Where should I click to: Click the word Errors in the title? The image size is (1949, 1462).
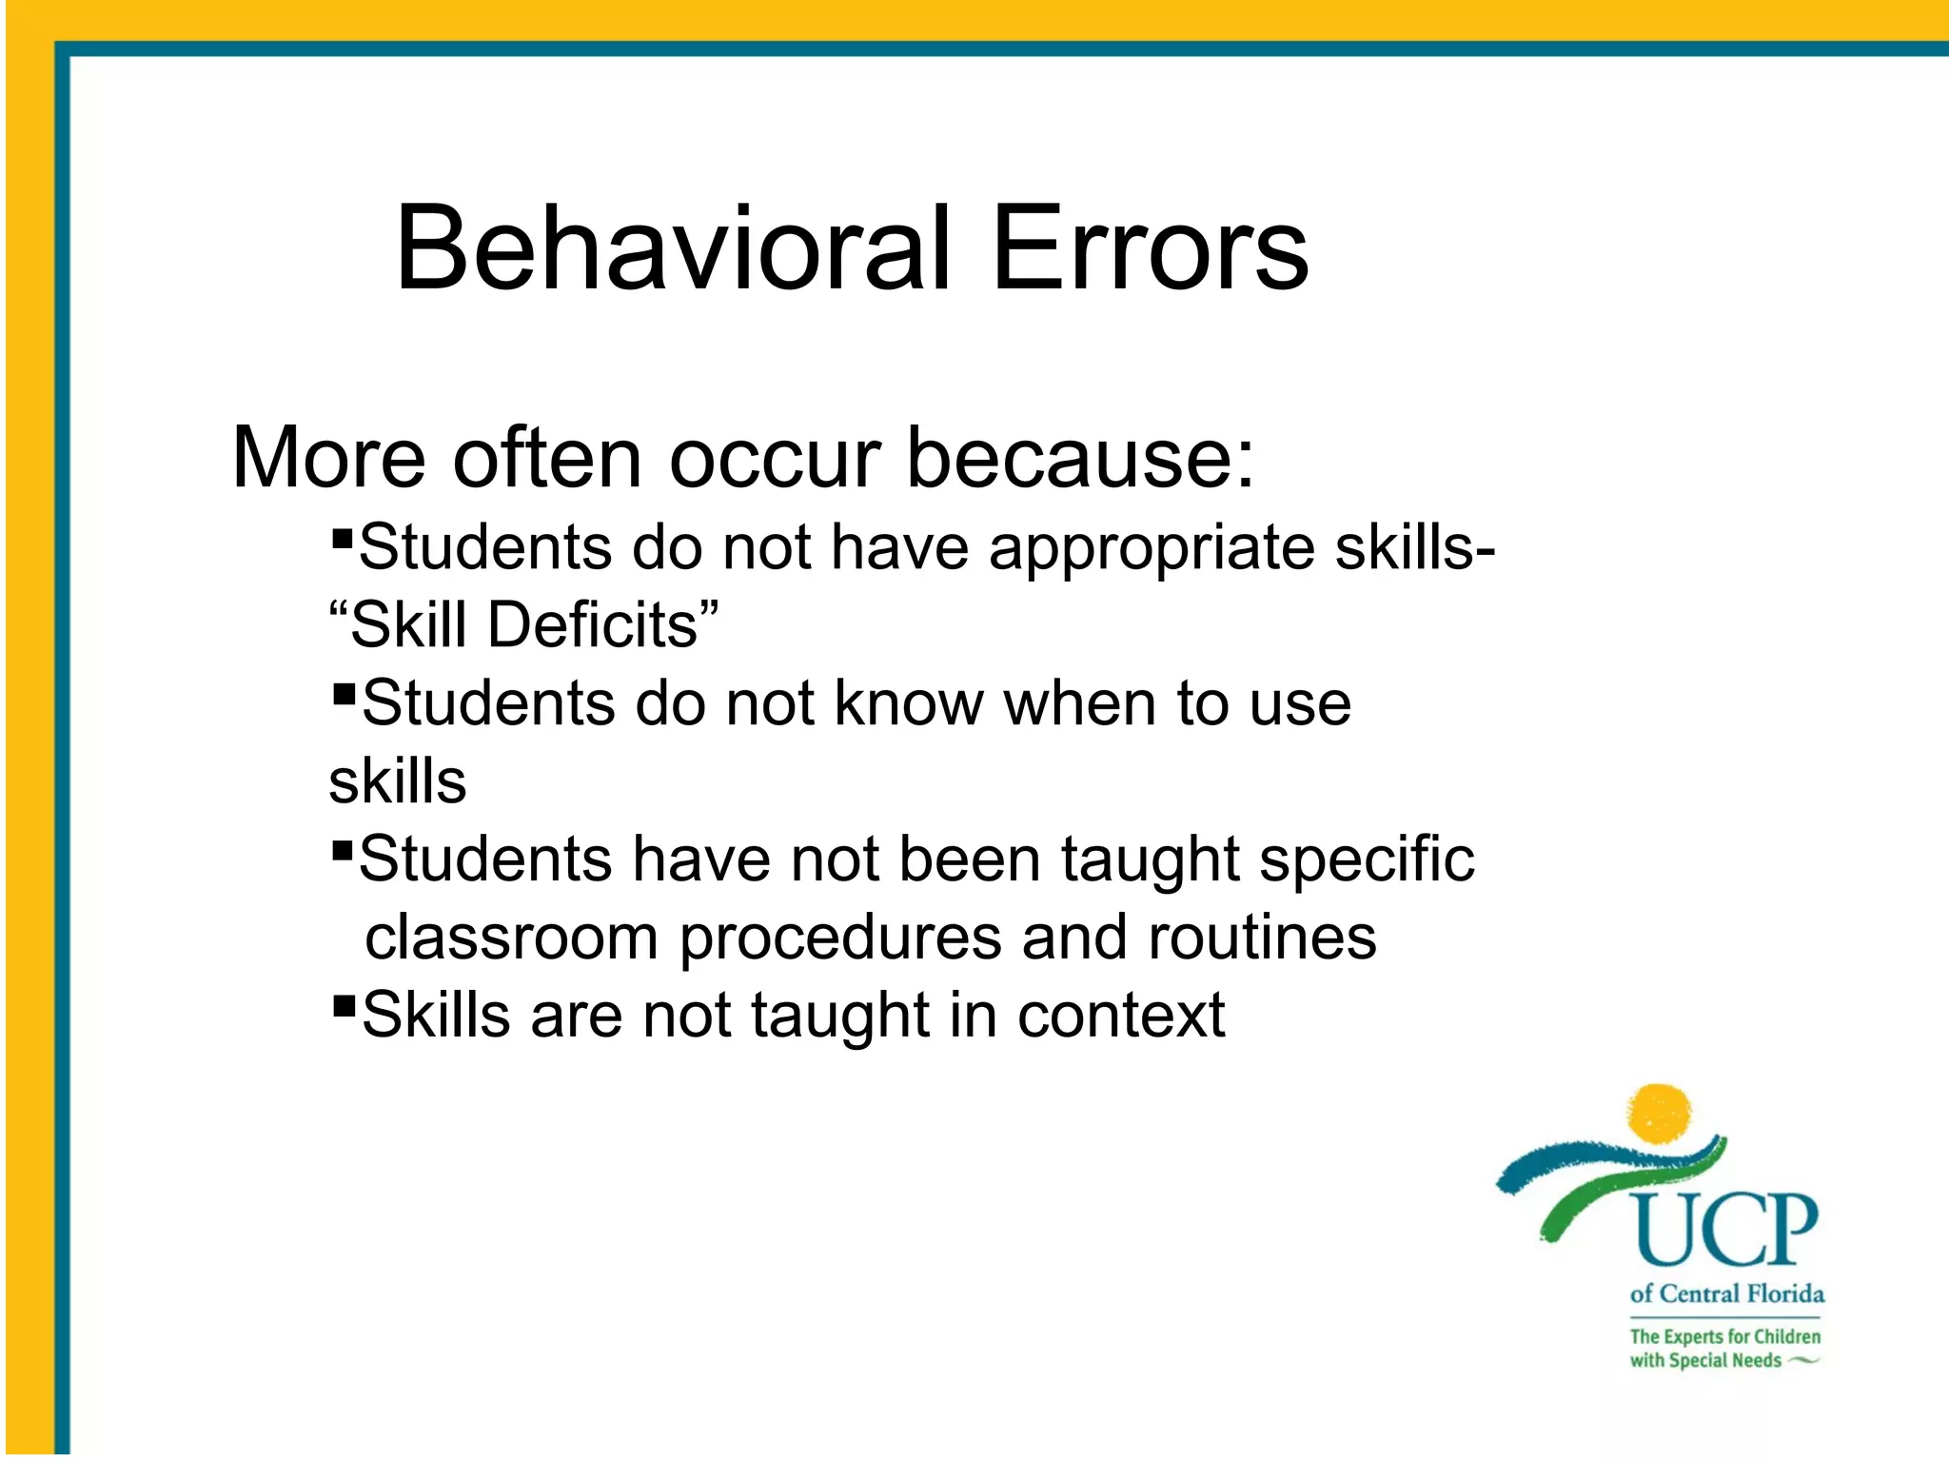coord(1150,249)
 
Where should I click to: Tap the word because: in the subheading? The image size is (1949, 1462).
coord(1080,459)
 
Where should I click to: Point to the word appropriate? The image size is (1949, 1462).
coord(1152,550)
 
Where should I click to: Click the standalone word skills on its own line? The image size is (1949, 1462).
coord(398,782)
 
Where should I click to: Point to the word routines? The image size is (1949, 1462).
coord(1262,938)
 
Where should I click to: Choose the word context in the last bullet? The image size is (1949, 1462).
coord(1121,1016)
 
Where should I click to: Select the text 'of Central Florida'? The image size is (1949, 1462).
coord(1726,1294)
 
